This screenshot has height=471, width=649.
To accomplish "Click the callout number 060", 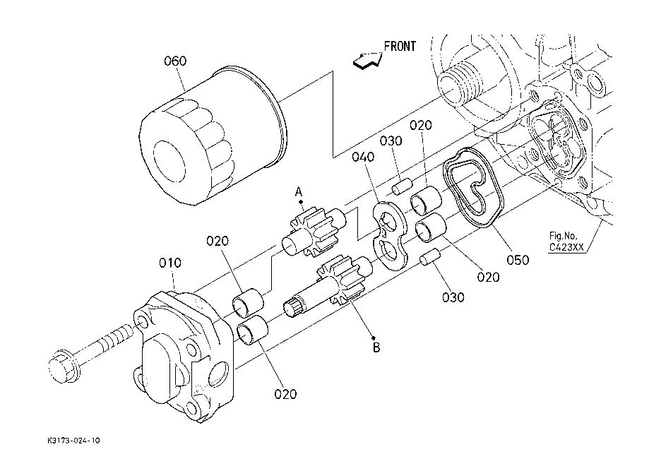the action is (x=175, y=61).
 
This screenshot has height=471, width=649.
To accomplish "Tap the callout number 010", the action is (x=170, y=263).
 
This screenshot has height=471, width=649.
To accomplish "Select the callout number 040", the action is (x=363, y=157).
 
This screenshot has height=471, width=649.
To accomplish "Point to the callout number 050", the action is (x=518, y=260).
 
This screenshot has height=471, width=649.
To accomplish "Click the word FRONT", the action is (x=400, y=47).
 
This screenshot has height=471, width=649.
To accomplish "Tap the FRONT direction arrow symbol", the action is (x=367, y=61).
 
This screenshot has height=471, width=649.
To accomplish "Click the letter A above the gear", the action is (x=299, y=192).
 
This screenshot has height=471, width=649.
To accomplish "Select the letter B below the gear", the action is (x=376, y=347).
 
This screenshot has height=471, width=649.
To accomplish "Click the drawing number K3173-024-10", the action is (x=73, y=441).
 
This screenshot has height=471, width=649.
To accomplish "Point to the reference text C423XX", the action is (x=566, y=247).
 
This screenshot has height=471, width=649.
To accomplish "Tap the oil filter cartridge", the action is (x=213, y=136).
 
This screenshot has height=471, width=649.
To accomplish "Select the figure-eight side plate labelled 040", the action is (x=389, y=236).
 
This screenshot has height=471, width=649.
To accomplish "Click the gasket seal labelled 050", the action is (x=473, y=188).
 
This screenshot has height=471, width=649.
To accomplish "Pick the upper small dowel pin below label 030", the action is (x=402, y=186).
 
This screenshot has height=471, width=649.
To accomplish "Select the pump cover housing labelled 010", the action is (x=184, y=357).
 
